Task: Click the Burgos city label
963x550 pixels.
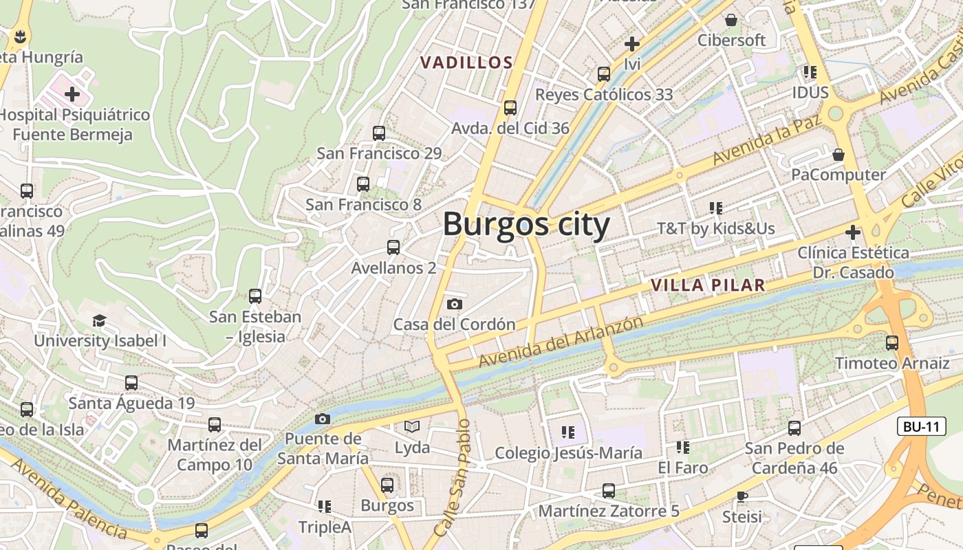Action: pos(526,225)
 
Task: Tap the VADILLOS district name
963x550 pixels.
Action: pos(466,63)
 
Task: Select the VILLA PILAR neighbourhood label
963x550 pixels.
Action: pos(708,285)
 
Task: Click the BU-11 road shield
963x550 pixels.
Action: pos(921,426)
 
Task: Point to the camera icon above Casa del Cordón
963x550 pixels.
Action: pos(454,304)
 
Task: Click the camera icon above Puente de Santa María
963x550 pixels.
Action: pos(322,419)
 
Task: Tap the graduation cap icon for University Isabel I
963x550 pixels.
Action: pos(100,320)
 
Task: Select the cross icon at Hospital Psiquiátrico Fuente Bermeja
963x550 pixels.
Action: pos(72,93)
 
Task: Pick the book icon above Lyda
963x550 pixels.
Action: pos(411,427)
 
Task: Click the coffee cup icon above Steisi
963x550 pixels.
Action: pos(742,496)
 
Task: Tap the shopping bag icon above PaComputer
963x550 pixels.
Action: pos(838,155)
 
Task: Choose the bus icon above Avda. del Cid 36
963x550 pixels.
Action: pos(510,107)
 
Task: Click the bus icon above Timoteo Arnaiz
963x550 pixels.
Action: pos(891,342)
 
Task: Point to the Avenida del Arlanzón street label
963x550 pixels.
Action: pos(561,342)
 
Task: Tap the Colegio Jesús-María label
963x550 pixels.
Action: pos(569,453)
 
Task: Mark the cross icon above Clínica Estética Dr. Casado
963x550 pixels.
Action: pos(853,232)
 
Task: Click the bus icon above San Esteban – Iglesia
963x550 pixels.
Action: pos(255,296)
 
